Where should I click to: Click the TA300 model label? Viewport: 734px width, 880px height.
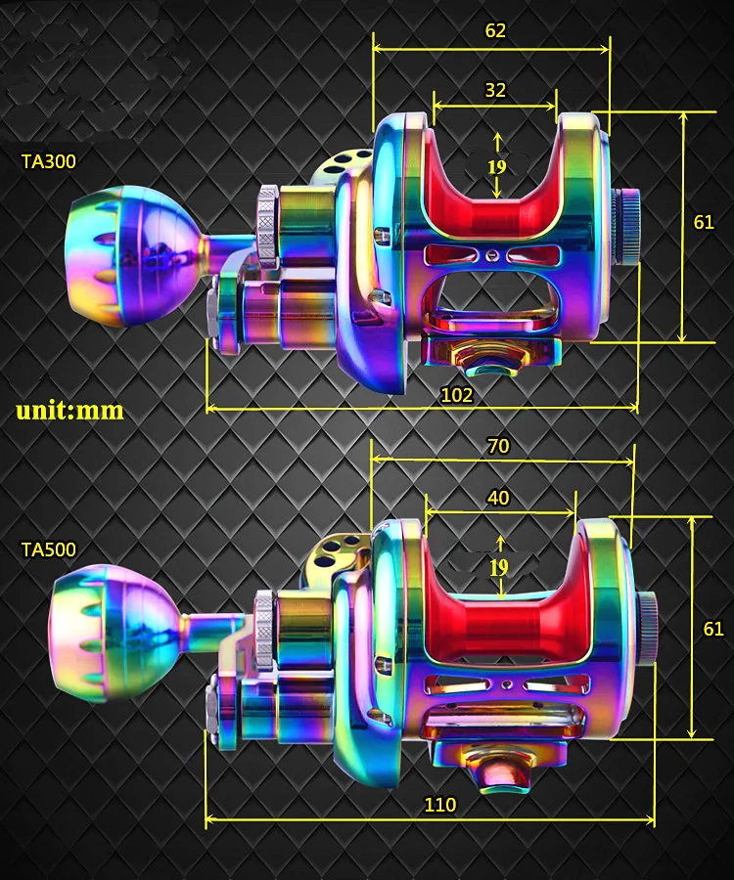[x=48, y=161]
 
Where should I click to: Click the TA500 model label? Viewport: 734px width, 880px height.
[x=48, y=550]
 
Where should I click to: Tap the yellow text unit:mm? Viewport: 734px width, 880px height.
[x=70, y=411]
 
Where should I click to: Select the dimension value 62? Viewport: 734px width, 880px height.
[x=495, y=30]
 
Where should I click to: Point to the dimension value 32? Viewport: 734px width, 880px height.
[x=495, y=90]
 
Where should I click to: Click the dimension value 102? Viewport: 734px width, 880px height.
[x=457, y=395]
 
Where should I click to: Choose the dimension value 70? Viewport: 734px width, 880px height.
[x=498, y=446]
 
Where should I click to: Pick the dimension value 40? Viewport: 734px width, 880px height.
[x=498, y=498]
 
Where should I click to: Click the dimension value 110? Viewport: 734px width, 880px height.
[x=439, y=805]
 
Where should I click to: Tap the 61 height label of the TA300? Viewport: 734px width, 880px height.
[x=704, y=222]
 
